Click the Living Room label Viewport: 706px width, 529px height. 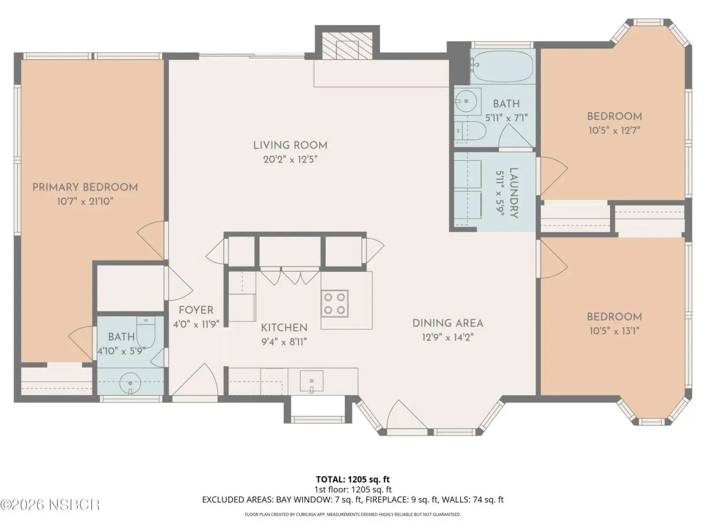pyautogui.click(x=290, y=145)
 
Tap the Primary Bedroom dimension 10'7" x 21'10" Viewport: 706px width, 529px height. pyautogui.click(x=85, y=202)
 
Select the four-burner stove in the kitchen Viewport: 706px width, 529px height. pyautogui.click(x=334, y=304)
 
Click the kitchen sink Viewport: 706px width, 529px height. pyautogui.click(x=312, y=381)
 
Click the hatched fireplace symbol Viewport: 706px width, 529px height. pyautogui.click(x=347, y=45)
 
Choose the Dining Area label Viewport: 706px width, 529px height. pyautogui.click(x=448, y=324)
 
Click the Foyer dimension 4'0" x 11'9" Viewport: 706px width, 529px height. pyautogui.click(x=196, y=324)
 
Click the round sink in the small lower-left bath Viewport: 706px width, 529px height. pyautogui.click(x=130, y=384)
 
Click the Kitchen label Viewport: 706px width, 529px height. pyautogui.click(x=284, y=328)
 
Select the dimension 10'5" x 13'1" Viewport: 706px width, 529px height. pyautogui.click(x=614, y=331)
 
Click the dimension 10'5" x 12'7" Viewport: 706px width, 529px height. pyautogui.click(x=614, y=130)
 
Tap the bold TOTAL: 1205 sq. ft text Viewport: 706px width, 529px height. pyautogui.click(x=353, y=480)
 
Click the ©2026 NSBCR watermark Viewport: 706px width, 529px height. pyautogui.click(x=50, y=505)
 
